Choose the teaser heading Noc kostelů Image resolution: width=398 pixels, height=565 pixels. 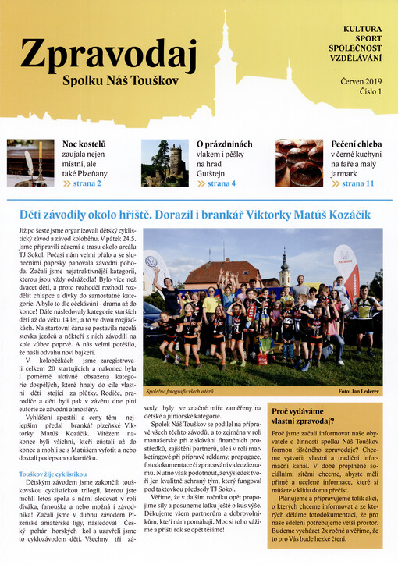[x=84, y=144]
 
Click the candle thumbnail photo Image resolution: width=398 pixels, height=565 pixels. [x=31, y=162]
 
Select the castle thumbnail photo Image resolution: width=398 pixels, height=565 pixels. [x=165, y=162]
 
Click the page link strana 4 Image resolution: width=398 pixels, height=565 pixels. [x=222, y=183]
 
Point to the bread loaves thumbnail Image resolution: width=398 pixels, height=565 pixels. [x=298, y=162]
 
